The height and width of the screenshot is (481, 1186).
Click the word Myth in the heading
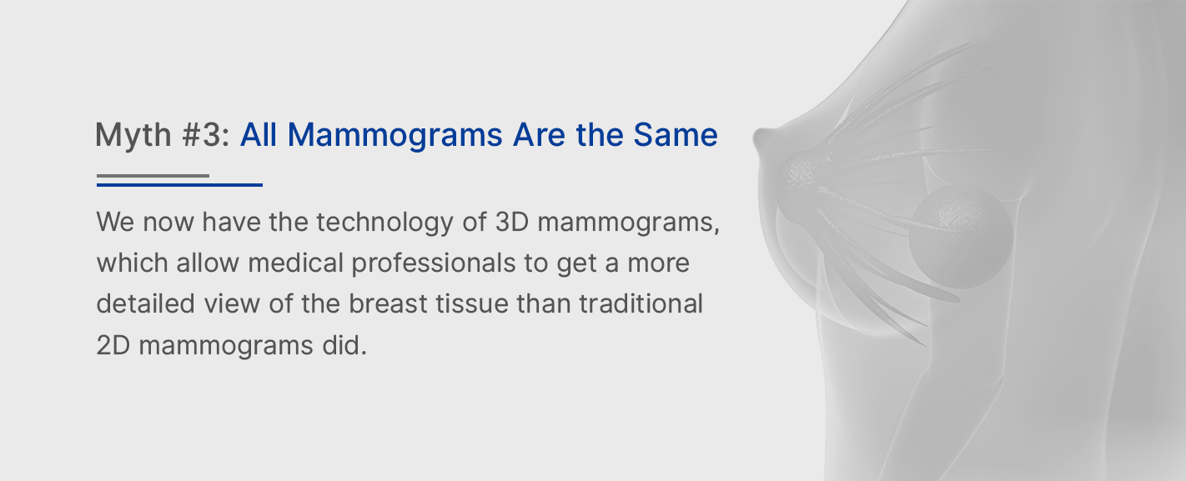pos(133,135)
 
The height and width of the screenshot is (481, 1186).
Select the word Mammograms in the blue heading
pos(394,135)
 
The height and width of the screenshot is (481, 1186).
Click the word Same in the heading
pos(676,134)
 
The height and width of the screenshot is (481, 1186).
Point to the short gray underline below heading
pos(153,175)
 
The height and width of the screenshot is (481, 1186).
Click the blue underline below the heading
pos(179,185)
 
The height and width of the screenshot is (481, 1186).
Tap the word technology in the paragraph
pos(385,223)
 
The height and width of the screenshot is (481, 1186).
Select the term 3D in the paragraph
pos(513,222)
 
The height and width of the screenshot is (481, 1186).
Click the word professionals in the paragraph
pos(434,263)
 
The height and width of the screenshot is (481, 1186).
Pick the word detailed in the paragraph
pos(146,303)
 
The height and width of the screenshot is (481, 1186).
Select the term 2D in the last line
pos(113,345)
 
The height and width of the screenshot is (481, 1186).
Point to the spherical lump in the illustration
pos(961,237)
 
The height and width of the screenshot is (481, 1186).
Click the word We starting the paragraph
pos(115,222)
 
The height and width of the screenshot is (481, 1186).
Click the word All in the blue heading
pos(259,134)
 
